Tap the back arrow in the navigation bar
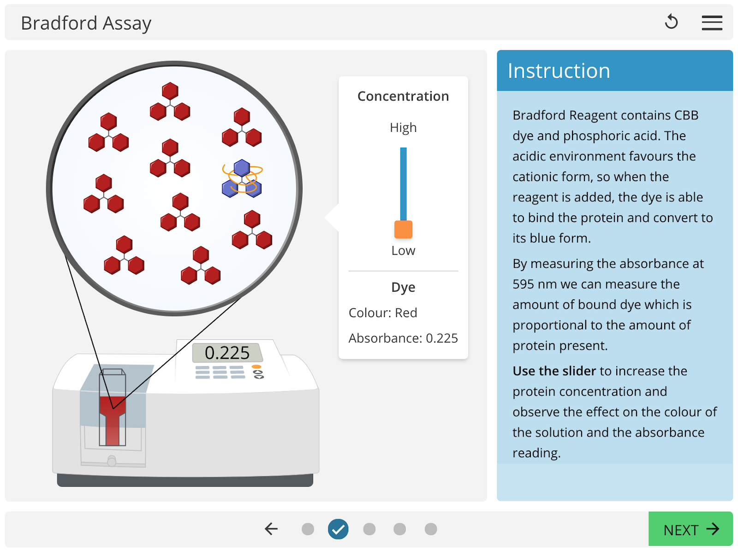click(271, 529)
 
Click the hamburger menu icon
click(712, 23)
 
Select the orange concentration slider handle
click(403, 230)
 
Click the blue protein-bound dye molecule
click(242, 178)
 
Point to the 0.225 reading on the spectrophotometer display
click(227, 353)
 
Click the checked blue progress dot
click(338, 529)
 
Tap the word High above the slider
click(403, 128)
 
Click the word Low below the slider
click(403, 251)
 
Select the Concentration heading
click(403, 96)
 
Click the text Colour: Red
click(383, 313)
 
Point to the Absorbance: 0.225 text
click(403, 338)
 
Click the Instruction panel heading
click(559, 71)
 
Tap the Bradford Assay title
click(86, 24)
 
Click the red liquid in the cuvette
click(113, 420)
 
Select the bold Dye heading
click(403, 287)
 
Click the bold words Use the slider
click(554, 371)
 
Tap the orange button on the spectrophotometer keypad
click(256, 367)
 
